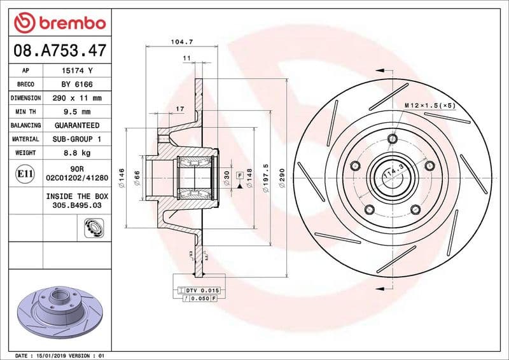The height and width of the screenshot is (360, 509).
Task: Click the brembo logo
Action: coord(59,23)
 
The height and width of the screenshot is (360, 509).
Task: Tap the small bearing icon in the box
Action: coord(93,225)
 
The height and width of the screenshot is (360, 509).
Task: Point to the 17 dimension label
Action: coord(179,109)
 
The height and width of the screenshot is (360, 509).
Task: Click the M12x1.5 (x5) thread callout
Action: coord(429,105)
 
